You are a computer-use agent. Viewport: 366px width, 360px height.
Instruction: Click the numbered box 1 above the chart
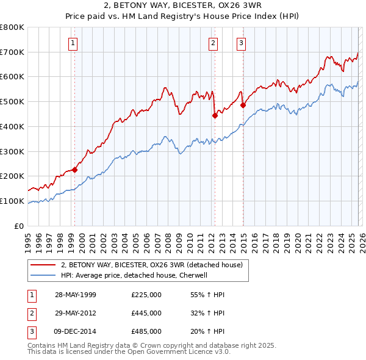(73, 43)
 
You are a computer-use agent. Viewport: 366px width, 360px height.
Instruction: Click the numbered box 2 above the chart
(213, 43)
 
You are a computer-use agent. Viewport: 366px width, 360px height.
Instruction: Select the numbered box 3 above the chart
(241, 43)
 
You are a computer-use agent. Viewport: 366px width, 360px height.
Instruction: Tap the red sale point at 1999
(75, 170)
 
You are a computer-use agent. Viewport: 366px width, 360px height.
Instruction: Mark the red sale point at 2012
(215, 115)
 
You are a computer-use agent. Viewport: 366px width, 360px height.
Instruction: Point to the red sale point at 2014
(243, 106)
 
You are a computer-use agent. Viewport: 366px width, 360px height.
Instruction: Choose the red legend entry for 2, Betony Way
(152, 265)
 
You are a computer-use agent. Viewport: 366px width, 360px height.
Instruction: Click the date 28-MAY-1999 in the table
(76, 295)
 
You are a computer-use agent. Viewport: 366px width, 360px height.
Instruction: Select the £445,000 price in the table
(146, 313)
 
